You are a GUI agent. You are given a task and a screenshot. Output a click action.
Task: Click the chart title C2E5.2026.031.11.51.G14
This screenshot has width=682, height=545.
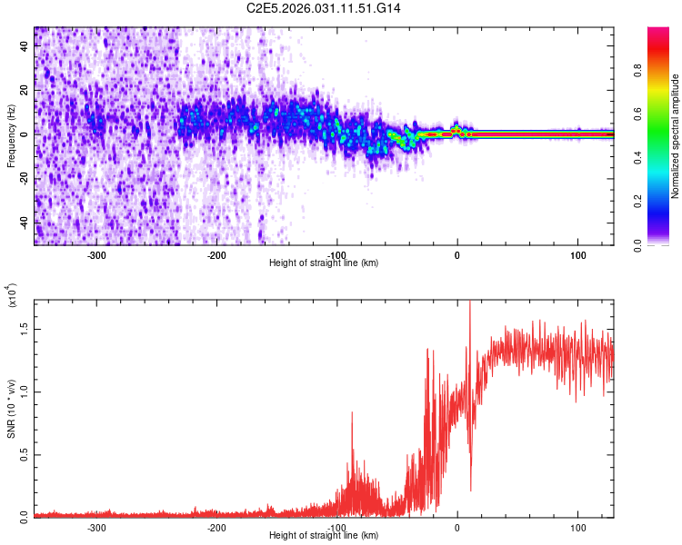325,8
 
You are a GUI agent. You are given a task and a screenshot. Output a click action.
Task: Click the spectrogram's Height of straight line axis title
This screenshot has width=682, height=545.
325,263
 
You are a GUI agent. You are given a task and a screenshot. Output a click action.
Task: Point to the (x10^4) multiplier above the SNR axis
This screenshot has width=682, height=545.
11,296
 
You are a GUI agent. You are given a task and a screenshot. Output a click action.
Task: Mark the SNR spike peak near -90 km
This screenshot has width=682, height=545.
352,413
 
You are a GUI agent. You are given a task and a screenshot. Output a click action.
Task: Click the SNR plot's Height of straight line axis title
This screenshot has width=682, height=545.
325,536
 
